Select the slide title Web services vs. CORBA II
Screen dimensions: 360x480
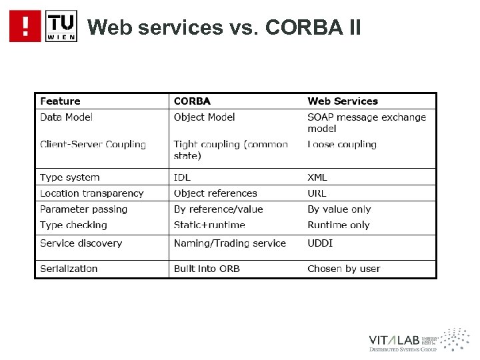(x=224, y=27)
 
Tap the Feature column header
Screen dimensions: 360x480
(x=60, y=101)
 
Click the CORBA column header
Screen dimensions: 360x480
(x=192, y=101)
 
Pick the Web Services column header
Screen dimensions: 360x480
(x=342, y=101)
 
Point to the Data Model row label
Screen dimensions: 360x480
(x=66, y=117)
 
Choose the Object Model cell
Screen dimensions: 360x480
(x=204, y=117)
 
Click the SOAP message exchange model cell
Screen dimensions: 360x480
(x=366, y=123)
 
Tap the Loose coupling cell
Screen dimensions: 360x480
(x=342, y=145)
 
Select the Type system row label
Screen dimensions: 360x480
(x=69, y=177)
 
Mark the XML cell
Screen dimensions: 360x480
(x=317, y=177)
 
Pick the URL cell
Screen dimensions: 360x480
(x=317, y=193)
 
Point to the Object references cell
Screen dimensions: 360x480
(x=215, y=193)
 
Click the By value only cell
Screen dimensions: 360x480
(x=339, y=209)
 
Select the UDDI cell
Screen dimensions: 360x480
(x=320, y=243)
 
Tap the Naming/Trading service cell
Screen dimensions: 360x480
(x=229, y=243)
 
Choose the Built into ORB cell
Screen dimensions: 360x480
(x=207, y=269)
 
